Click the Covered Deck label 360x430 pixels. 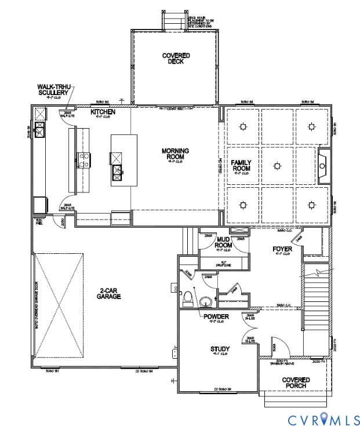176,59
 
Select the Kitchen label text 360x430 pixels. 103,111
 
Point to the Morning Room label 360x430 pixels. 175,154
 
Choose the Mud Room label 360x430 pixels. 224,242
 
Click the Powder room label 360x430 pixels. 216,316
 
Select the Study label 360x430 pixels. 220,349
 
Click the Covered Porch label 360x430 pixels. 296,383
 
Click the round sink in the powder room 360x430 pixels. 205,302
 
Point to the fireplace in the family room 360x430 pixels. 323,166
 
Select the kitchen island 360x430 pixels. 123,160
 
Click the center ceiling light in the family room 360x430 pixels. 277,166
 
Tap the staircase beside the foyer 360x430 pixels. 316,301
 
